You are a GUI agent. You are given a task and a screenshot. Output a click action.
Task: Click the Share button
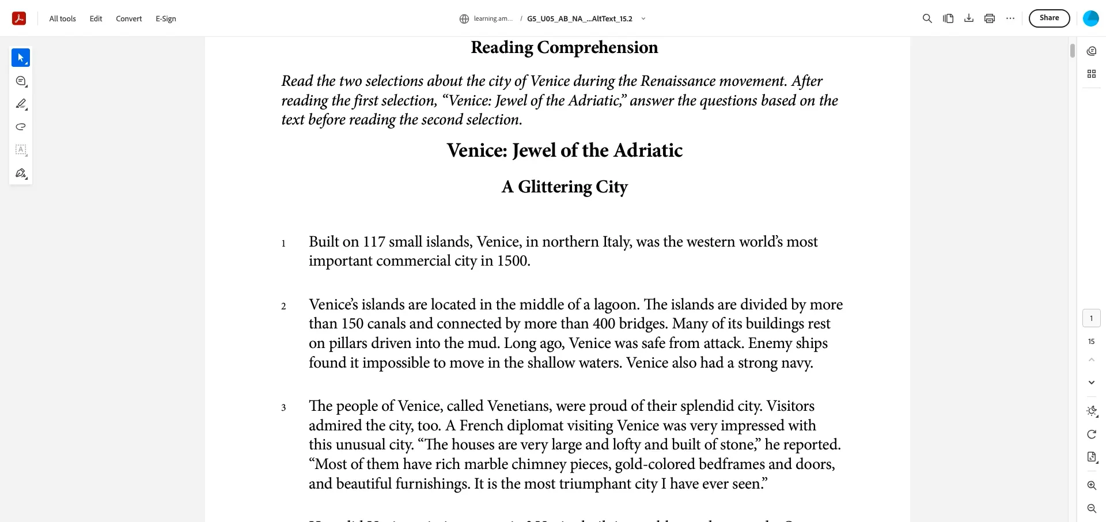pos(1049,18)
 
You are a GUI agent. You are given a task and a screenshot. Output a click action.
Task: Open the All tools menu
pos(62,19)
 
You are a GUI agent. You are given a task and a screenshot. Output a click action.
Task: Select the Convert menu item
pos(128,19)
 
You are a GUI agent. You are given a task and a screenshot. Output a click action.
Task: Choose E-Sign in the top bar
pos(166,19)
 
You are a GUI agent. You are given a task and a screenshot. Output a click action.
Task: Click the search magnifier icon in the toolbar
pos(927,18)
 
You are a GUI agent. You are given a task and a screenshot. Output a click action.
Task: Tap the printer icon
pos(990,18)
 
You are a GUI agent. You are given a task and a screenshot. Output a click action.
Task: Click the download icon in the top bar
pos(969,18)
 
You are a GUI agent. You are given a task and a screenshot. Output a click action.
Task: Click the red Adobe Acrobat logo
pos(19,18)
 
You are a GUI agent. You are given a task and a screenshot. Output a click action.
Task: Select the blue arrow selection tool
pos(21,58)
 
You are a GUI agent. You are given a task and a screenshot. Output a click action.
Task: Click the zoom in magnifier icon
pos(1092,486)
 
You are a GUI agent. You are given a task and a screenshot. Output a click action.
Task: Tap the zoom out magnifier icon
pos(1092,509)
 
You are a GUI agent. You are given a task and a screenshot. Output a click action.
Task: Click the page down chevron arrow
pos(1092,383)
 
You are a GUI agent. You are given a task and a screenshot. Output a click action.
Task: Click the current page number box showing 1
pos(1092,318)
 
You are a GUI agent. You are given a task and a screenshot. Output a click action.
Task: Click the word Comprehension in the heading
pos(597,48)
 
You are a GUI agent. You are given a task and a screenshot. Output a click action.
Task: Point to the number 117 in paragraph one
pos(374,242)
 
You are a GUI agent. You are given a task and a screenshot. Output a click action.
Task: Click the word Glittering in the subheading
pos(555,187)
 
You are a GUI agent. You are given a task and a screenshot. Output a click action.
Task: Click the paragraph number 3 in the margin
pos(283,408)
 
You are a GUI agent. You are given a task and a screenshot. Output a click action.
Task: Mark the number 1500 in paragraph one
pos(512,261)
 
